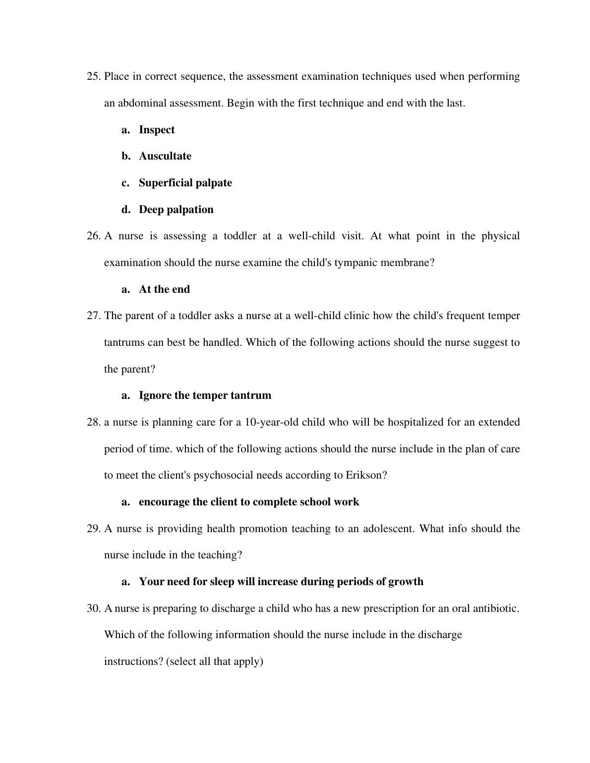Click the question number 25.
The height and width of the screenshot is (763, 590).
pyautogui.click(x=94, y=77)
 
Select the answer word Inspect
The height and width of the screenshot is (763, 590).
pyautogui.click(x=157, y=130)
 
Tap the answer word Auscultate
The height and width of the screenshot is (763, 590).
pyautogui.click(x=165, y=156)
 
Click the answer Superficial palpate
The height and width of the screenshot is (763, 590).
pyautogui.click(x=185, y=183)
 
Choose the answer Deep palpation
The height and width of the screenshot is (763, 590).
pyautogui.click(x=176, y=210)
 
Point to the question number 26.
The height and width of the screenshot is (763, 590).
pyautogui.click(x=94, y=236)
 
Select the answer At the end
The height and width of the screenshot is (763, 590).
pyautogui.click(x=164, y=289)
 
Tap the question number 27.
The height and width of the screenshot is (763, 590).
pyautogui.click(x=94, y=316)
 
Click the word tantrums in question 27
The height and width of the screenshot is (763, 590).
pyautogui.click(x=124, y=343)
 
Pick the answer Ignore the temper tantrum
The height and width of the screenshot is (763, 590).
pyautogui.click(x=205, y=395)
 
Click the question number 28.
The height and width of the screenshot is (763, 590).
pyautogui.click(x=94, y=423)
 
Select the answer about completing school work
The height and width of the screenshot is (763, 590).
pyautogui.click(x=249, y=502)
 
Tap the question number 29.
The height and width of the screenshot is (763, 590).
pyautogui.click(x=94, y=529)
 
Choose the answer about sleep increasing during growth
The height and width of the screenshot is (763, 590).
pyautogui.click(x=281, y=582)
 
